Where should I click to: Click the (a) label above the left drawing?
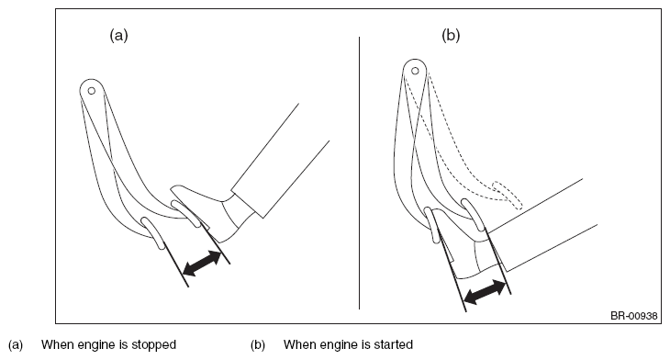(118, 35)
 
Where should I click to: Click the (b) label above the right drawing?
(451, 35)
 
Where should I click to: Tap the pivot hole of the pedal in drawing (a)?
(92, 91)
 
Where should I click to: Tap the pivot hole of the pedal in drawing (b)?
(415, 71)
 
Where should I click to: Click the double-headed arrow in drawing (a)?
(202, 264)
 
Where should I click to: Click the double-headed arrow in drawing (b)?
(485, 292)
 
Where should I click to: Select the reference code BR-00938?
(633, 316)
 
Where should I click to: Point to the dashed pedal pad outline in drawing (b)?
(508, 195)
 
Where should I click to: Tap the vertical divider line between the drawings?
(360, 173)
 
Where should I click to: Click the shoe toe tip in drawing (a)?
(172, 187)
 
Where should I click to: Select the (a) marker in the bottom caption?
(16, 344)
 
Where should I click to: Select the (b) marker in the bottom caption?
(258, 344)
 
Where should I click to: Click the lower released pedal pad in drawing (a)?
(153, 232)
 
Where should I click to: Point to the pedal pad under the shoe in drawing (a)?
(185, 213)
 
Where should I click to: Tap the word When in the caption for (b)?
(299, 344)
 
